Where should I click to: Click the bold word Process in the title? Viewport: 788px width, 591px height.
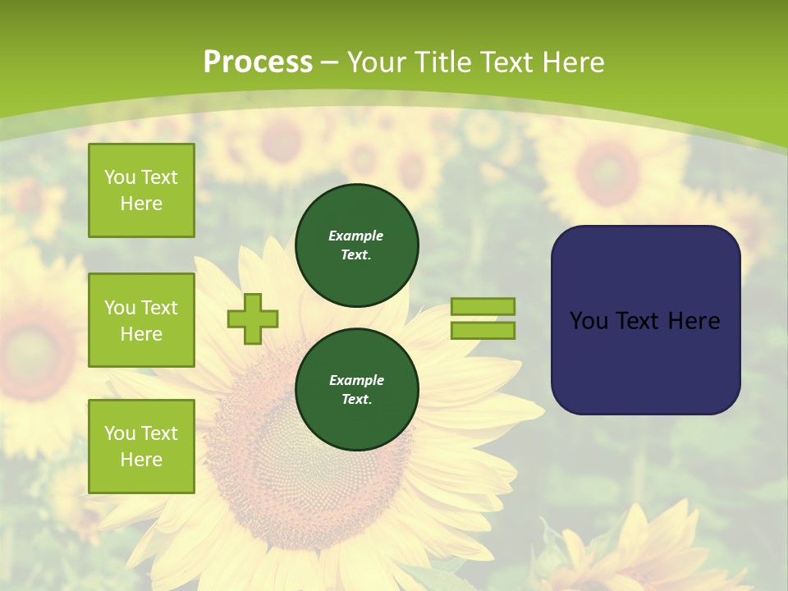click(x=258, y=62)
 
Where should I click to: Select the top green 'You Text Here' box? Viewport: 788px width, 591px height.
click(x=141, y=190)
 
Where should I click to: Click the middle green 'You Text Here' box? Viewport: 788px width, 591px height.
click(x=141, y=320)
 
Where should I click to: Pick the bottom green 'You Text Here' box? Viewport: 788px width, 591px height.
click(x=141, y=447)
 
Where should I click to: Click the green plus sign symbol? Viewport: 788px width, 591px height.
click(x=253, y=318)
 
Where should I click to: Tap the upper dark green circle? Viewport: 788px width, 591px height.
click(x=356, y=245)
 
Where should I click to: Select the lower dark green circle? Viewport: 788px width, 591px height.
click(x=356, y=390)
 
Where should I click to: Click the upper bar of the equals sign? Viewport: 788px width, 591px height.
click(x=483, y=306)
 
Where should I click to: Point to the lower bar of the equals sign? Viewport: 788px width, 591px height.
click(x=483, y=330)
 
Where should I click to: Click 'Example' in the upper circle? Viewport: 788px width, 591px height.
click(x=356, y=236)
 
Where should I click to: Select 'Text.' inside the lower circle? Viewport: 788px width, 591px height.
click(x=356, y=400)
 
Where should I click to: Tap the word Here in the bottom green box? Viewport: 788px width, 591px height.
click(x=141, y=460)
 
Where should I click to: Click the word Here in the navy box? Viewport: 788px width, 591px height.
click(x=694, y=321)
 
